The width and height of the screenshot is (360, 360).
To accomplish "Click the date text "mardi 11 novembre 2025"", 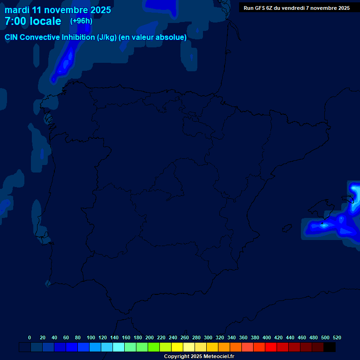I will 58,10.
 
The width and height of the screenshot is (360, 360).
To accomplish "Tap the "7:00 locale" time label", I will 33,21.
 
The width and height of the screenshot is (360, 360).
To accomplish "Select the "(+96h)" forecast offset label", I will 81,21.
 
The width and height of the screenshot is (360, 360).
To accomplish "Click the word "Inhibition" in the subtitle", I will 78,37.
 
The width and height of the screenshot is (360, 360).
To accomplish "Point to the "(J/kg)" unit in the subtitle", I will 107,37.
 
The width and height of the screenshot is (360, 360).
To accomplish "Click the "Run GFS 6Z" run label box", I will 296,7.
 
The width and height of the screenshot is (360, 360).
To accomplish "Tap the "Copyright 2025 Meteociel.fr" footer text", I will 199,356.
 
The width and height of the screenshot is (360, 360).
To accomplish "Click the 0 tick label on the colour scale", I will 30,337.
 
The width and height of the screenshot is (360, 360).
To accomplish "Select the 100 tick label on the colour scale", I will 91,337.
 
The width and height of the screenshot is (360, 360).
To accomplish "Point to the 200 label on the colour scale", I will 150,337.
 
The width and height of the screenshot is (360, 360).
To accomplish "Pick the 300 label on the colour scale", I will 208,337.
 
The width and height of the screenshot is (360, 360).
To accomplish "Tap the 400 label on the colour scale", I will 267,337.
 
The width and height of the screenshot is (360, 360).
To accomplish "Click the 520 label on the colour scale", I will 337,337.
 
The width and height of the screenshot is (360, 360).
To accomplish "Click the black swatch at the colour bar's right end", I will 329,347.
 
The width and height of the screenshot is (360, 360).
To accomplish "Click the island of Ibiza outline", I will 286,228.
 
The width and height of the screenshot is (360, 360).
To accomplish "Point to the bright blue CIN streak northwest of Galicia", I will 65,63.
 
